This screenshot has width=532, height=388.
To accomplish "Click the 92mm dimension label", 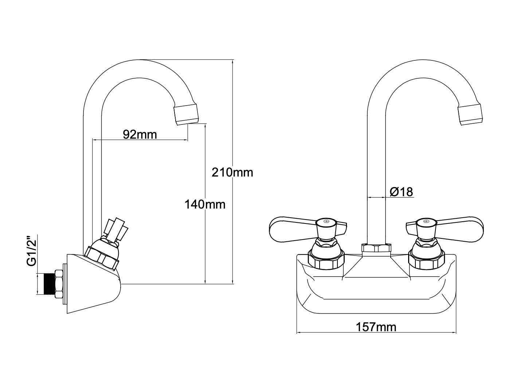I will pos(140,134).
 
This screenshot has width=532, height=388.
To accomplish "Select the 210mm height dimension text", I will pos(232,172).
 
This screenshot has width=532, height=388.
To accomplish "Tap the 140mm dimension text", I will pos(205,204).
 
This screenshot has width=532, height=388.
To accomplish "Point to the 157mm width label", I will pos(376,327).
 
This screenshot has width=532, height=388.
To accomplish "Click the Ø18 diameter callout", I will pos(402,191).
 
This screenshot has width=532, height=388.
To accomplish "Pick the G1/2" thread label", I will pos(32,251).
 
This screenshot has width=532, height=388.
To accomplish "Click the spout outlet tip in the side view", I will pos(187,114).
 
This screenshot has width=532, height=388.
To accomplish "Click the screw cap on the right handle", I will pos(426,221).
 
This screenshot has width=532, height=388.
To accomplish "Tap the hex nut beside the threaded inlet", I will pos(58,284).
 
